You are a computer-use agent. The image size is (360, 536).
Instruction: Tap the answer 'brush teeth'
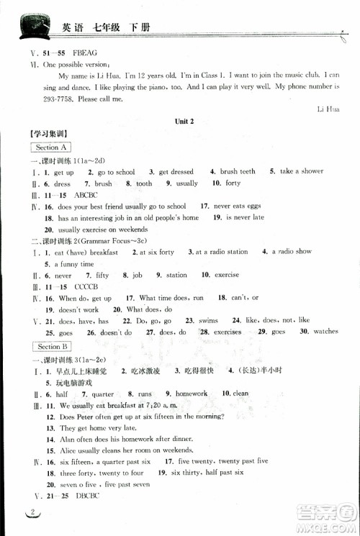238,172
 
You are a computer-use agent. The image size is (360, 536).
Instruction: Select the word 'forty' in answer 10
233,183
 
